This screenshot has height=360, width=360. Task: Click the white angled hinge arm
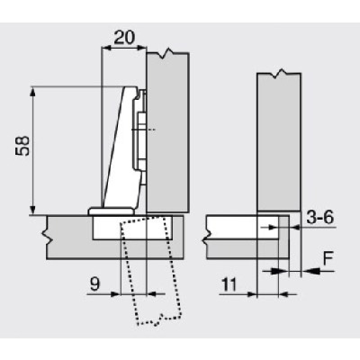click(116, 153)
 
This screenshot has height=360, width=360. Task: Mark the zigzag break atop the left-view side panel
click(166, 56)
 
